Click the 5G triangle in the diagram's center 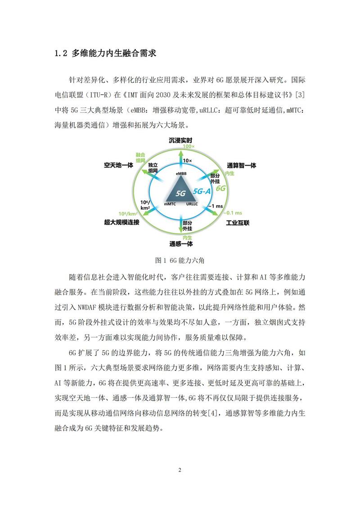181,189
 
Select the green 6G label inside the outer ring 220,189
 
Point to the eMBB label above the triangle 181,173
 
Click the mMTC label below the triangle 170,204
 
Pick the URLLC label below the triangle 193,204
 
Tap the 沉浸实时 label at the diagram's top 180,140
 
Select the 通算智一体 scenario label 242,165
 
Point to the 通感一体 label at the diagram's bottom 181,244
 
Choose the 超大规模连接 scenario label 121,222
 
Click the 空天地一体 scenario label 119,165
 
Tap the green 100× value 188,147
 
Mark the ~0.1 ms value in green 233,212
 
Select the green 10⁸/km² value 127,213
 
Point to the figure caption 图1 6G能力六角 180,260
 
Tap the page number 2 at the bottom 180,470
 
